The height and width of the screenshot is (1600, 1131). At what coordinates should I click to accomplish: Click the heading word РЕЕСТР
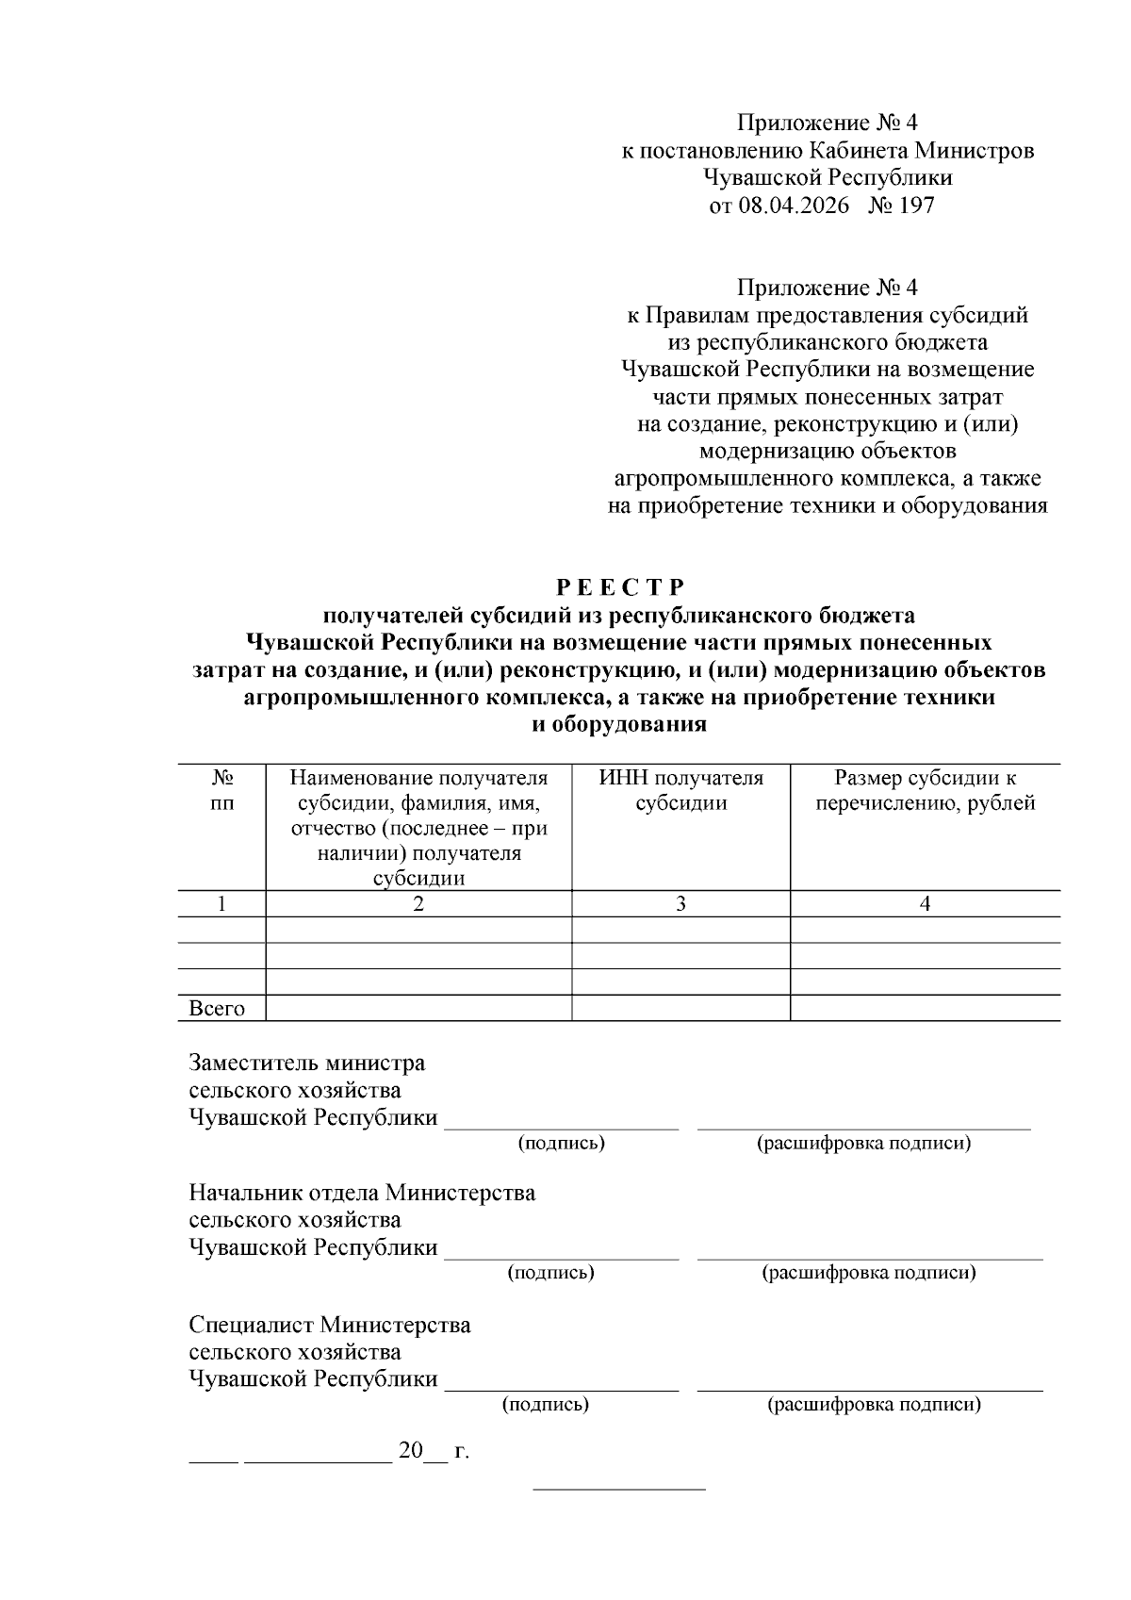[x=619, y=588]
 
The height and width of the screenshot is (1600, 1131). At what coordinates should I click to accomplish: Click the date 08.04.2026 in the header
[x=793, y=206]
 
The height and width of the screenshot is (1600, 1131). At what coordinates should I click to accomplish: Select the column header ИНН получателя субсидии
[x=680, y=790]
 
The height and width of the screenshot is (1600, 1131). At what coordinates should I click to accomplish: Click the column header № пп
[x=221, y=790]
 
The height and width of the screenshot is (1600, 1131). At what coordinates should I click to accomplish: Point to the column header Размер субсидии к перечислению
[x=925, y=790]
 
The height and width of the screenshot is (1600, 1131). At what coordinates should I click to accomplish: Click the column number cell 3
[x=680, y=903]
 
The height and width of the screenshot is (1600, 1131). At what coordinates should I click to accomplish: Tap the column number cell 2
[x=418, y=903]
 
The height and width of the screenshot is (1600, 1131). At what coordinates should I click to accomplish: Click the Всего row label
[x=217, y=1009]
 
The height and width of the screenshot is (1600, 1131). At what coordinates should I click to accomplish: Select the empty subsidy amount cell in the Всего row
[x=925, y=1009]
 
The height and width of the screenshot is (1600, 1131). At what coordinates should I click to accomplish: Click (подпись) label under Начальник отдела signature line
[x=550, y=1273]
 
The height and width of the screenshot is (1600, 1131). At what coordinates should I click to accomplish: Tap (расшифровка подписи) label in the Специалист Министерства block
[x=874, y=1405]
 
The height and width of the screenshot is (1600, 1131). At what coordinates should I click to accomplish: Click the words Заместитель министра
[x=306, y=1064]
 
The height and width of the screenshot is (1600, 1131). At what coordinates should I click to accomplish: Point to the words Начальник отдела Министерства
[x=362, y=1193]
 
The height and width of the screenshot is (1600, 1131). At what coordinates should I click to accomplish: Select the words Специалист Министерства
[x=329, y=1325]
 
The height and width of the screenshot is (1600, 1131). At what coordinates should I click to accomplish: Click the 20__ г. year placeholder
[x=434, y=1451]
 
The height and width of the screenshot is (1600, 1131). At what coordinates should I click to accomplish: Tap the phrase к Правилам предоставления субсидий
[x=827, y=315]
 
